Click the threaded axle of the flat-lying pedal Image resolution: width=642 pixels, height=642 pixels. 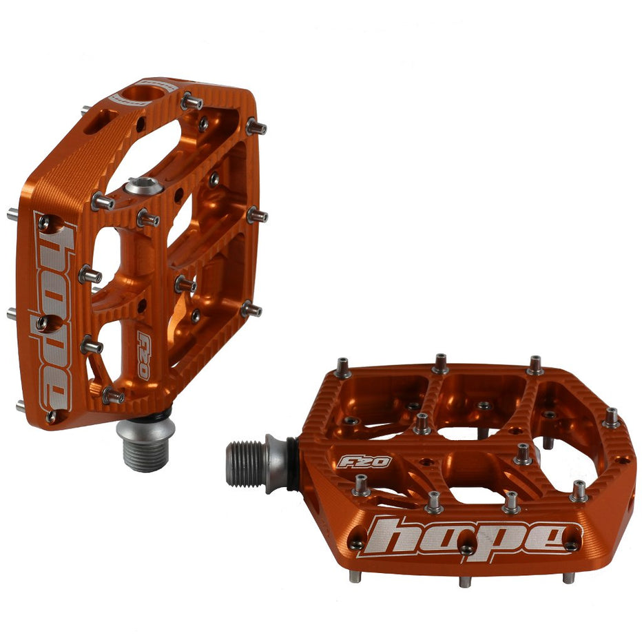[x=247, y=464]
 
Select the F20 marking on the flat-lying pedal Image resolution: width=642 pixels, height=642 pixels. [x=364, y=462]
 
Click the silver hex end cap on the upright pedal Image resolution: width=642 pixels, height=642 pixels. [x=144, y=186]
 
